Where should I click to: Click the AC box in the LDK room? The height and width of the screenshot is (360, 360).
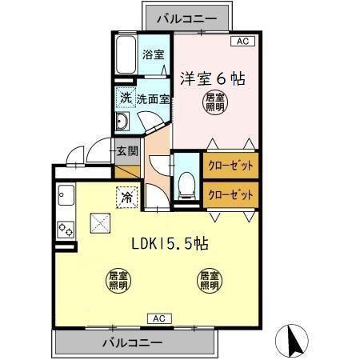(158, 318)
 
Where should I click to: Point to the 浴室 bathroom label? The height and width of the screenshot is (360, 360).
(153, 54)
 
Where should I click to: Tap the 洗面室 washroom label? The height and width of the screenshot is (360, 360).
(152, 99)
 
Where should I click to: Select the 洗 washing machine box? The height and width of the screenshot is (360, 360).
(126, 98)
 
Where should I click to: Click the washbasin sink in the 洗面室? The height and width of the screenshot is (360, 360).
(124, 122)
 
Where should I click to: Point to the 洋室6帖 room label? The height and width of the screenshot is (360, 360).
(211, 79)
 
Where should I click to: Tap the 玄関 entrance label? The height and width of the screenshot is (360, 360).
(126, 150)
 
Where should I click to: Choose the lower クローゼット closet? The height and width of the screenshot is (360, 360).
(230, 193)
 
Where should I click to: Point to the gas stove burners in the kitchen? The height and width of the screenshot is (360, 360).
(65, 229)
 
